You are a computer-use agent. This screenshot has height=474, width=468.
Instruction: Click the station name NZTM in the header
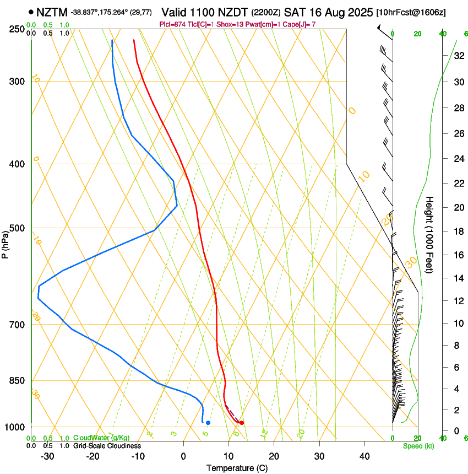[52, 12]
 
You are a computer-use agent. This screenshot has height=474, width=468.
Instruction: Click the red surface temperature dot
[242, 423]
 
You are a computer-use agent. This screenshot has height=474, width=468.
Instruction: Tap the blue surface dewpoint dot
[208, 423]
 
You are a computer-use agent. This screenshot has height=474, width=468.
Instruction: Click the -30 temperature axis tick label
[47, 456]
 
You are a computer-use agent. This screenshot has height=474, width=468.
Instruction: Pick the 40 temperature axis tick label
[364, 456]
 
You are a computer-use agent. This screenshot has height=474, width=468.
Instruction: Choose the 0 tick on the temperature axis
[183, 456]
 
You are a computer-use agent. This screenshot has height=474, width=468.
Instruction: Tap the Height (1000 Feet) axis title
[430, 234]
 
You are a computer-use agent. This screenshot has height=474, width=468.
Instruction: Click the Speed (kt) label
[418, 446]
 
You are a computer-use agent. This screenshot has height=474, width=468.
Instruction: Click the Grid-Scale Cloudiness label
[106, 446]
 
